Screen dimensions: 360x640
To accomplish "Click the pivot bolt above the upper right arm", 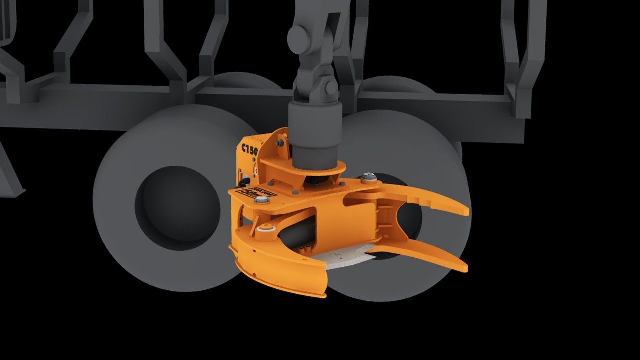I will [x=368, y=176].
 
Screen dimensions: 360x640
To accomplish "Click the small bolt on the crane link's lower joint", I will [x=330, y=88].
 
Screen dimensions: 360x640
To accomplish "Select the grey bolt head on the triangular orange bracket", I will [x=279, y=143].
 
